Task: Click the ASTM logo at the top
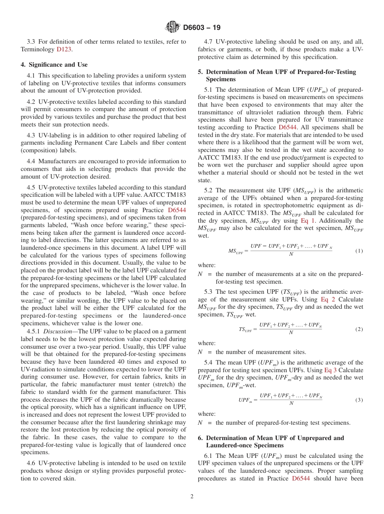172,27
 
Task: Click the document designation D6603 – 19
202,28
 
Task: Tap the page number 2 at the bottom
192,497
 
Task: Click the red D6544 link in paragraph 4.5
177,210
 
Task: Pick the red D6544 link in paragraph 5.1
288,127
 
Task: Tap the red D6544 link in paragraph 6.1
301,479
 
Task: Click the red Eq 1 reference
308,221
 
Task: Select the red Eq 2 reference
327,299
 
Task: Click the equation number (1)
359,251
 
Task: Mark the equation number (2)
359,329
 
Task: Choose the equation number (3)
359,400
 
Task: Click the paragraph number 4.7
209,42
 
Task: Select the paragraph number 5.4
209,362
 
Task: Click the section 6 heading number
200,438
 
